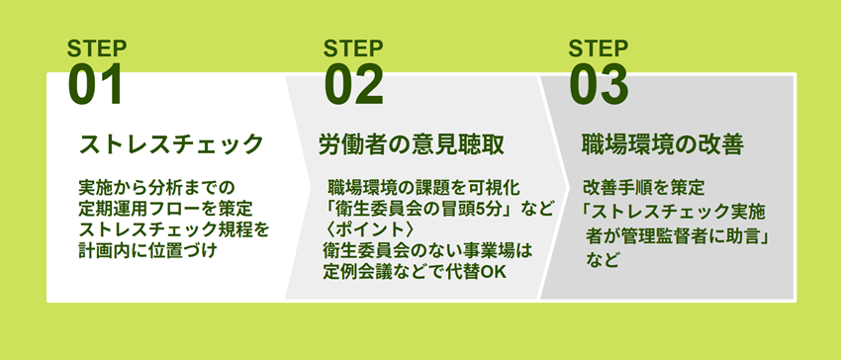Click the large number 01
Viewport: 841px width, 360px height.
coord(95,85)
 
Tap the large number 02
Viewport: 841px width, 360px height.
coord(354,85)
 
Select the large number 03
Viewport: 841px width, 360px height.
coord(599,85)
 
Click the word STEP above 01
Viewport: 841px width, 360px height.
coord(97,48)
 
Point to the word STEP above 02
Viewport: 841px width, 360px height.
coord(353,48)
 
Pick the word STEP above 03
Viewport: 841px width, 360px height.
coord(598,48)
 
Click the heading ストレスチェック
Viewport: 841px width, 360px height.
coord(171,144)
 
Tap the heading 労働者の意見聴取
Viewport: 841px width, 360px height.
coord(412,144)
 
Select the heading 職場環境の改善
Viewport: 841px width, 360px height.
coord(663,144)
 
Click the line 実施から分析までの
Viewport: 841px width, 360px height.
coord(157,188)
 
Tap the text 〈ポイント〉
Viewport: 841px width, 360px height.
coord(368,229)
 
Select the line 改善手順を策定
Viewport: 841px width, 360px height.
coord(643,188)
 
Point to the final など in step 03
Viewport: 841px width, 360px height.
coord(603,261)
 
